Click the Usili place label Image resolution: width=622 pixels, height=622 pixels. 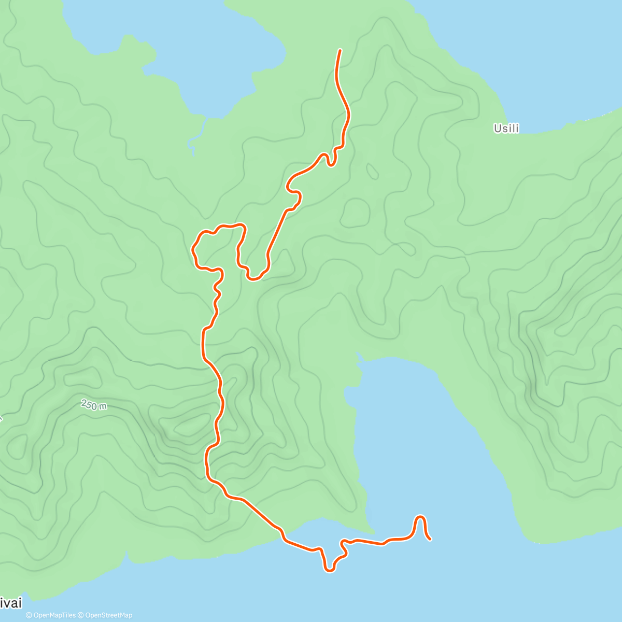pos(506,129)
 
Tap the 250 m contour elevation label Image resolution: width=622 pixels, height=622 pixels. pos(94,405)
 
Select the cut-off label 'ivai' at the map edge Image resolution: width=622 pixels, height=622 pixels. pos(10,603)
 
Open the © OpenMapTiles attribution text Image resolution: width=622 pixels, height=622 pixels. pos(51,615)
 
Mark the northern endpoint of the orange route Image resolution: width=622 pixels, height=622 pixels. pos(340,50)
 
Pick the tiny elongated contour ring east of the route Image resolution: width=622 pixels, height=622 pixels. pos(372,171)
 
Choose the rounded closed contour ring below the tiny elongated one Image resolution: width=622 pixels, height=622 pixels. pos(355,213)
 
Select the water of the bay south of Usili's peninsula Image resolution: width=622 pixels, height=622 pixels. pos(415,441)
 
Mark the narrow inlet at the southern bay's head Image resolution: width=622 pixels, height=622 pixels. pos(358,358)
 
